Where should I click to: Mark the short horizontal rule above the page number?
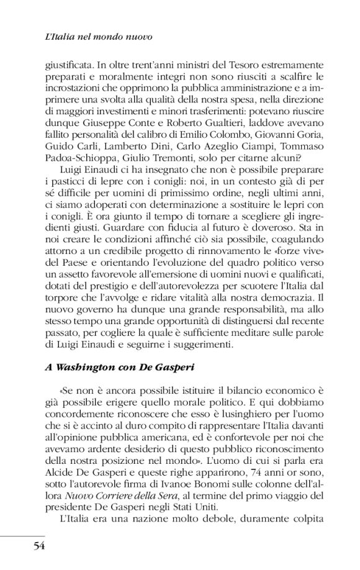tap(22, 535)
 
